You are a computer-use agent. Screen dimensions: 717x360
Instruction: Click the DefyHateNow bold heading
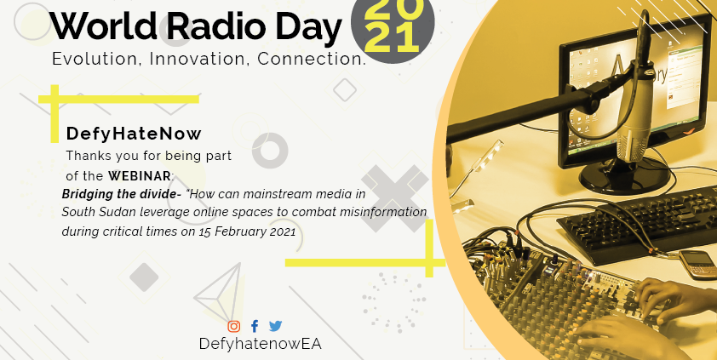pos(134,134)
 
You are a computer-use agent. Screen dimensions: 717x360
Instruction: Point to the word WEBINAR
pos(141,175)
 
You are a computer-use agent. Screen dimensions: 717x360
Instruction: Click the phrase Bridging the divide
pos(121,194)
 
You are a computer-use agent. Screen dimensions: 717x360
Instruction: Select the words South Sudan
pos(88,213)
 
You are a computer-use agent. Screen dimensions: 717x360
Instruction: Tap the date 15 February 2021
pos(247,231)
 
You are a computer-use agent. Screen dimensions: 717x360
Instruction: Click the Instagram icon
pos(233,326)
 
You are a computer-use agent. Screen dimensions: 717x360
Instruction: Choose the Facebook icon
pos(255,326)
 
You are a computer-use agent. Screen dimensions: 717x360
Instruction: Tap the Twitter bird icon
pos(275,326)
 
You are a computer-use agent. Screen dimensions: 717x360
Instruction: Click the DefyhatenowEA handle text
pos(261,344)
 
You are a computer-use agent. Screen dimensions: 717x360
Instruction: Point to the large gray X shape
pos(394,198)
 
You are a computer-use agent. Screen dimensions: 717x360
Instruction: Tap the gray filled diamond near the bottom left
pos(144,277)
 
